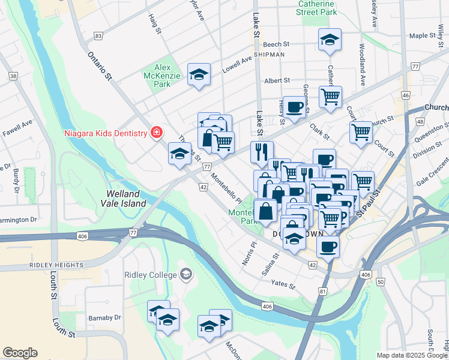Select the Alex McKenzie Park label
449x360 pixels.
[157, 76]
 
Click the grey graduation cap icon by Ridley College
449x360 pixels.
[186, 275]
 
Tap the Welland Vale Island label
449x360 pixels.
[126, 199]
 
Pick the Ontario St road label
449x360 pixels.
[100, 65]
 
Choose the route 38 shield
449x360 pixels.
[13, 76]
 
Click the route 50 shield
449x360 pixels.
[381, 281]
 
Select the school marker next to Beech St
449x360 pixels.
[330, 40]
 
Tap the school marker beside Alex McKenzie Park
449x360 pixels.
[199, 74]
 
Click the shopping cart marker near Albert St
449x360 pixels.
[330, 96]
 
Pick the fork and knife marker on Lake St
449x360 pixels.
[262, 152]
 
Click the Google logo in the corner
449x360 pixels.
[20, 353]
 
